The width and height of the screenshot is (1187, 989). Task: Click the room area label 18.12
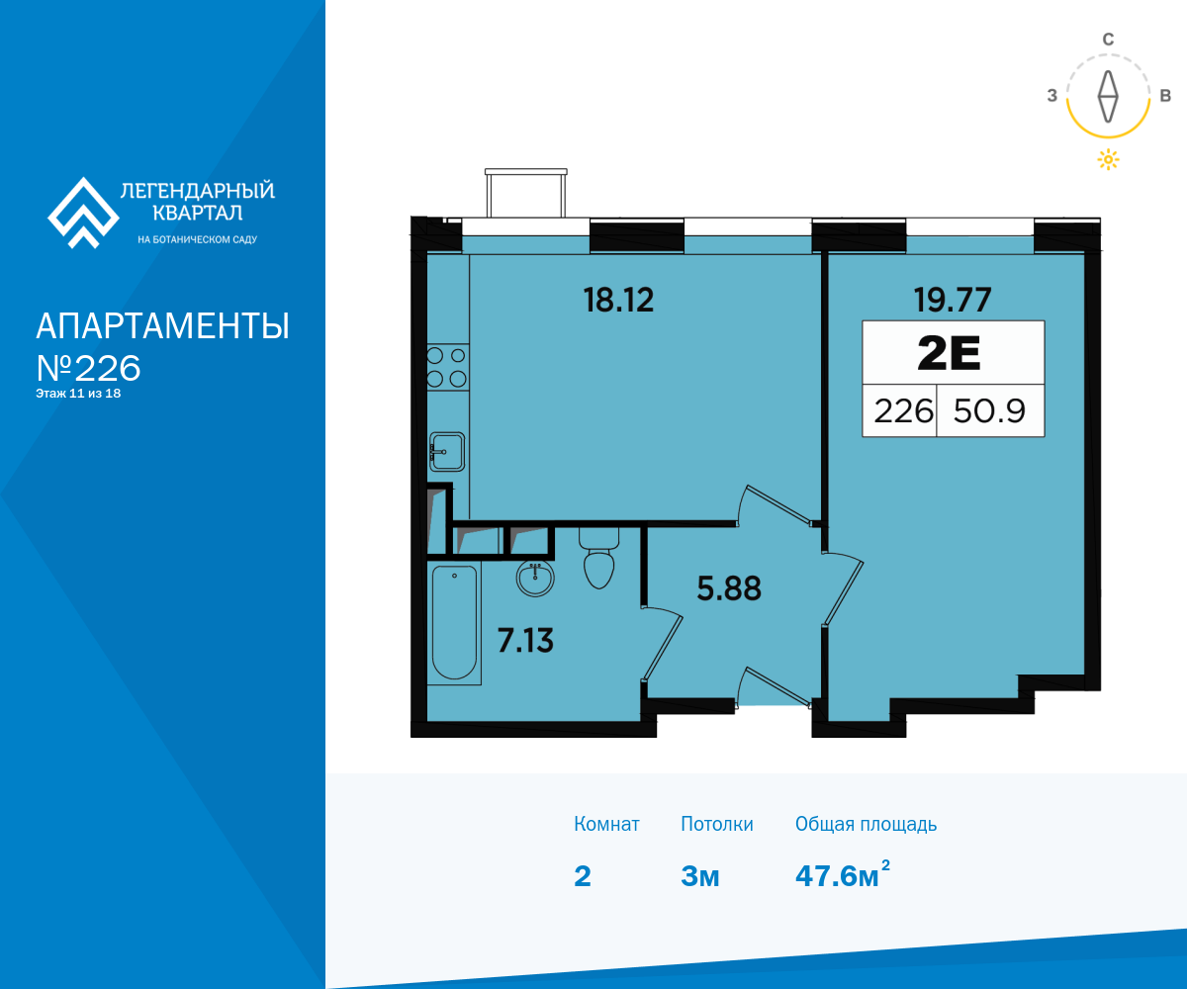618,300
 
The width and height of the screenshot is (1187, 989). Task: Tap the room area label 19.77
953,300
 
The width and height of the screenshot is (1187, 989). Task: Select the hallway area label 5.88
729,588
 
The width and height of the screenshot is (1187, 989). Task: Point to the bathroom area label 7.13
525,641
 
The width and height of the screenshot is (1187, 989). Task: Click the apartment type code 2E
949,353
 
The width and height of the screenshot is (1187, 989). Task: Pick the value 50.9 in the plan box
989,411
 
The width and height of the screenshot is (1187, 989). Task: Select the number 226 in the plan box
903,411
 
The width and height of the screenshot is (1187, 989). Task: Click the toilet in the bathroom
599,558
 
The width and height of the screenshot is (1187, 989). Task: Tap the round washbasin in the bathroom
535,578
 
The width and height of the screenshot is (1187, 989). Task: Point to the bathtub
454,622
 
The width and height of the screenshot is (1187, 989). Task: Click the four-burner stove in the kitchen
448,367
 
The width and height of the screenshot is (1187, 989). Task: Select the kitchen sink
447,452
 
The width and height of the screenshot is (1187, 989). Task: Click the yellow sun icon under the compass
1108,159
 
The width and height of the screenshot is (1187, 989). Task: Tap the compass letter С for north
1108,40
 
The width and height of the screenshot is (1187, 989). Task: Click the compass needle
1108,96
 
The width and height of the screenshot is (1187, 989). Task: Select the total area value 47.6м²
843,874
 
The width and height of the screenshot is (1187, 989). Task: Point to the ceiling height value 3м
699,876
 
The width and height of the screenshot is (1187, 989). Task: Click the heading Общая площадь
866,824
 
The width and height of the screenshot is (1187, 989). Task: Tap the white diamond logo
83,213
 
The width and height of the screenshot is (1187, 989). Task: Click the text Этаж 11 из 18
78,394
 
